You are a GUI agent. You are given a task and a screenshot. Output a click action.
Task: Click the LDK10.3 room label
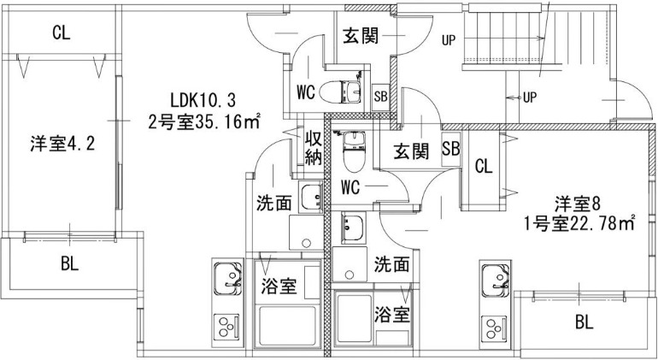click(x=203, y=101)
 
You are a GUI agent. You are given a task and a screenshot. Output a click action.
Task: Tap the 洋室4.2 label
click(x=62, y=144)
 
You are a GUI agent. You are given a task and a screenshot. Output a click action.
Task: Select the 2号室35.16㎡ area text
click(x=204, y=122)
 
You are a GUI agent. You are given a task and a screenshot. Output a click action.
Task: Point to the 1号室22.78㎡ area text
click(x=579, y=224)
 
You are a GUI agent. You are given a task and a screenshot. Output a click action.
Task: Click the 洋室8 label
click(x=578, y=204)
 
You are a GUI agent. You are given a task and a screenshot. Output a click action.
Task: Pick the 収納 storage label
click(x=313, y=148)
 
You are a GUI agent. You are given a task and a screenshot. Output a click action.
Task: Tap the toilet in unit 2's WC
click(x=340, y=91)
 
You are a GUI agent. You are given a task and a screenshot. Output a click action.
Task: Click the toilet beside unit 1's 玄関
click(x=354, y=150)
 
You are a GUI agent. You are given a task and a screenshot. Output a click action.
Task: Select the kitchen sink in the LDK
click(x=228, y=278)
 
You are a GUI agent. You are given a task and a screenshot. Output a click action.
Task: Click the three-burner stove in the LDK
click(x=226, y=327)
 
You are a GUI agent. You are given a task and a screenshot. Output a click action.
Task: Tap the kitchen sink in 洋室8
click(x=495, y=278)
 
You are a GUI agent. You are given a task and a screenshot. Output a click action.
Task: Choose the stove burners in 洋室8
click(x=494, y=327)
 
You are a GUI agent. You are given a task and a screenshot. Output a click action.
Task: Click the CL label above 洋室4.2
click(x=62, y=33)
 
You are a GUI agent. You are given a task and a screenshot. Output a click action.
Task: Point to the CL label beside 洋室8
click(x=484, y=167)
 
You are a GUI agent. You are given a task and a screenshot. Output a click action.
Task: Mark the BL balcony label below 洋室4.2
click(x=70, y=264)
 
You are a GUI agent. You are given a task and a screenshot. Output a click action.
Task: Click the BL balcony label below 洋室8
click(x=585, y=322)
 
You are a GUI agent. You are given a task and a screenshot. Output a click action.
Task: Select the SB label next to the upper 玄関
click(x=380, y=97)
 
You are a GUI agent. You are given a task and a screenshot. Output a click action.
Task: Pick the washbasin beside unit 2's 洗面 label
click(x=310, y=198)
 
